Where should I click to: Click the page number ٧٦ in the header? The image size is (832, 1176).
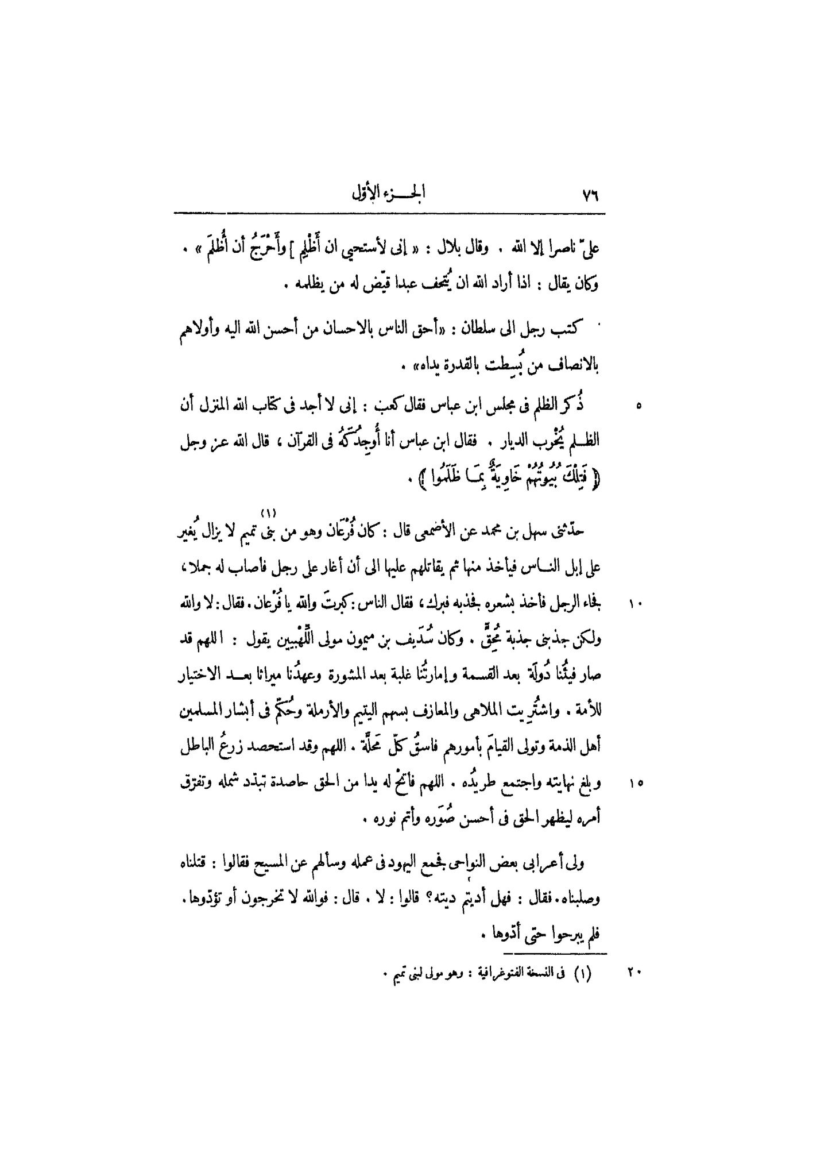pos(590,195)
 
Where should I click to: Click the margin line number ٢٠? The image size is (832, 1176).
pos(635,973)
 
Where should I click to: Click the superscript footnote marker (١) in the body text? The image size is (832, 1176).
pos(268,512)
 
